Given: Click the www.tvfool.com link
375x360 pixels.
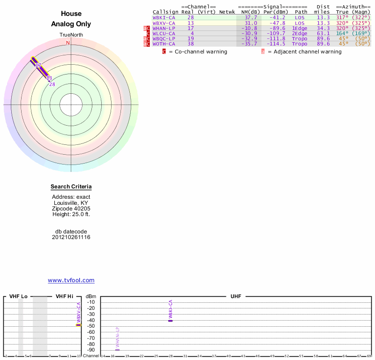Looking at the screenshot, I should click(71, 280).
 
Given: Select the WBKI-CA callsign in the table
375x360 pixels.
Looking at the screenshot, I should click(164, 17).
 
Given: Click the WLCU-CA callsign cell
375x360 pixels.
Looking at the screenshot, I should click(164, 33).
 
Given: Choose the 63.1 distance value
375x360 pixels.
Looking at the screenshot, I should click(323, 33).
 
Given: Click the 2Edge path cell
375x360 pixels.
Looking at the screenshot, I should click(300, 33).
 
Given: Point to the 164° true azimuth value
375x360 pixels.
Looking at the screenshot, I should click(342, 33).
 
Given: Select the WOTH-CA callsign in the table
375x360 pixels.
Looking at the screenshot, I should click(164, 44).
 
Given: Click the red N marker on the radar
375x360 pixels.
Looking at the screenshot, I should click(68, 43).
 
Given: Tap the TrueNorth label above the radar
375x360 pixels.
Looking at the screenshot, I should click(71, 35).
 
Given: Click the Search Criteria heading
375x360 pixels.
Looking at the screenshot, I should click(71, 187).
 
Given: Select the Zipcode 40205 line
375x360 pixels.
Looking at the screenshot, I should click(71, 209).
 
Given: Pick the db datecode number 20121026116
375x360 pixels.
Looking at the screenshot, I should click(71, 237).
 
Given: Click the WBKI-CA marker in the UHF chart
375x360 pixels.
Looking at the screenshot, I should click(171, 320).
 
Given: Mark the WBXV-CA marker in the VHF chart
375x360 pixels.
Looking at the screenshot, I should click(79, 324).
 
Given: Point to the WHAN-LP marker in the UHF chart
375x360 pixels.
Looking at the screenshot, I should click(117, 350).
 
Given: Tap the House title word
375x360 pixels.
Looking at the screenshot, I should click(71, 14).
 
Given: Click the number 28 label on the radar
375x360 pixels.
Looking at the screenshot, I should click(52, 84).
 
